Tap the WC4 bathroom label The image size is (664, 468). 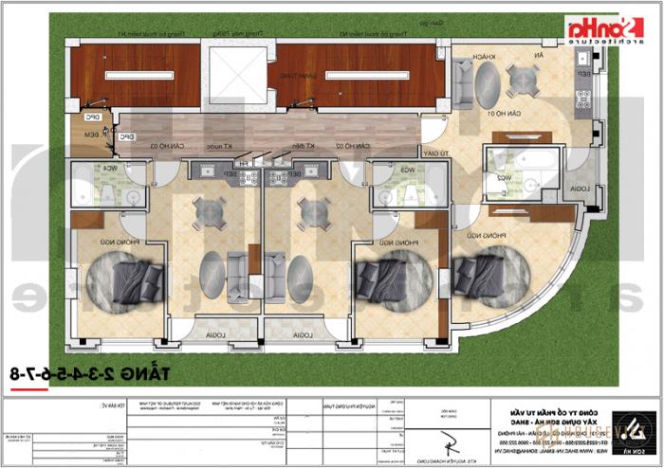(x=111, y=169)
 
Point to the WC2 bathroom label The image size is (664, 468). (x=519, y=176)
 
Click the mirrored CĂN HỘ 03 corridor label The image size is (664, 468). (x=196, y=146)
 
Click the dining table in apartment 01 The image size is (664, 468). (x=519, y=81)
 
